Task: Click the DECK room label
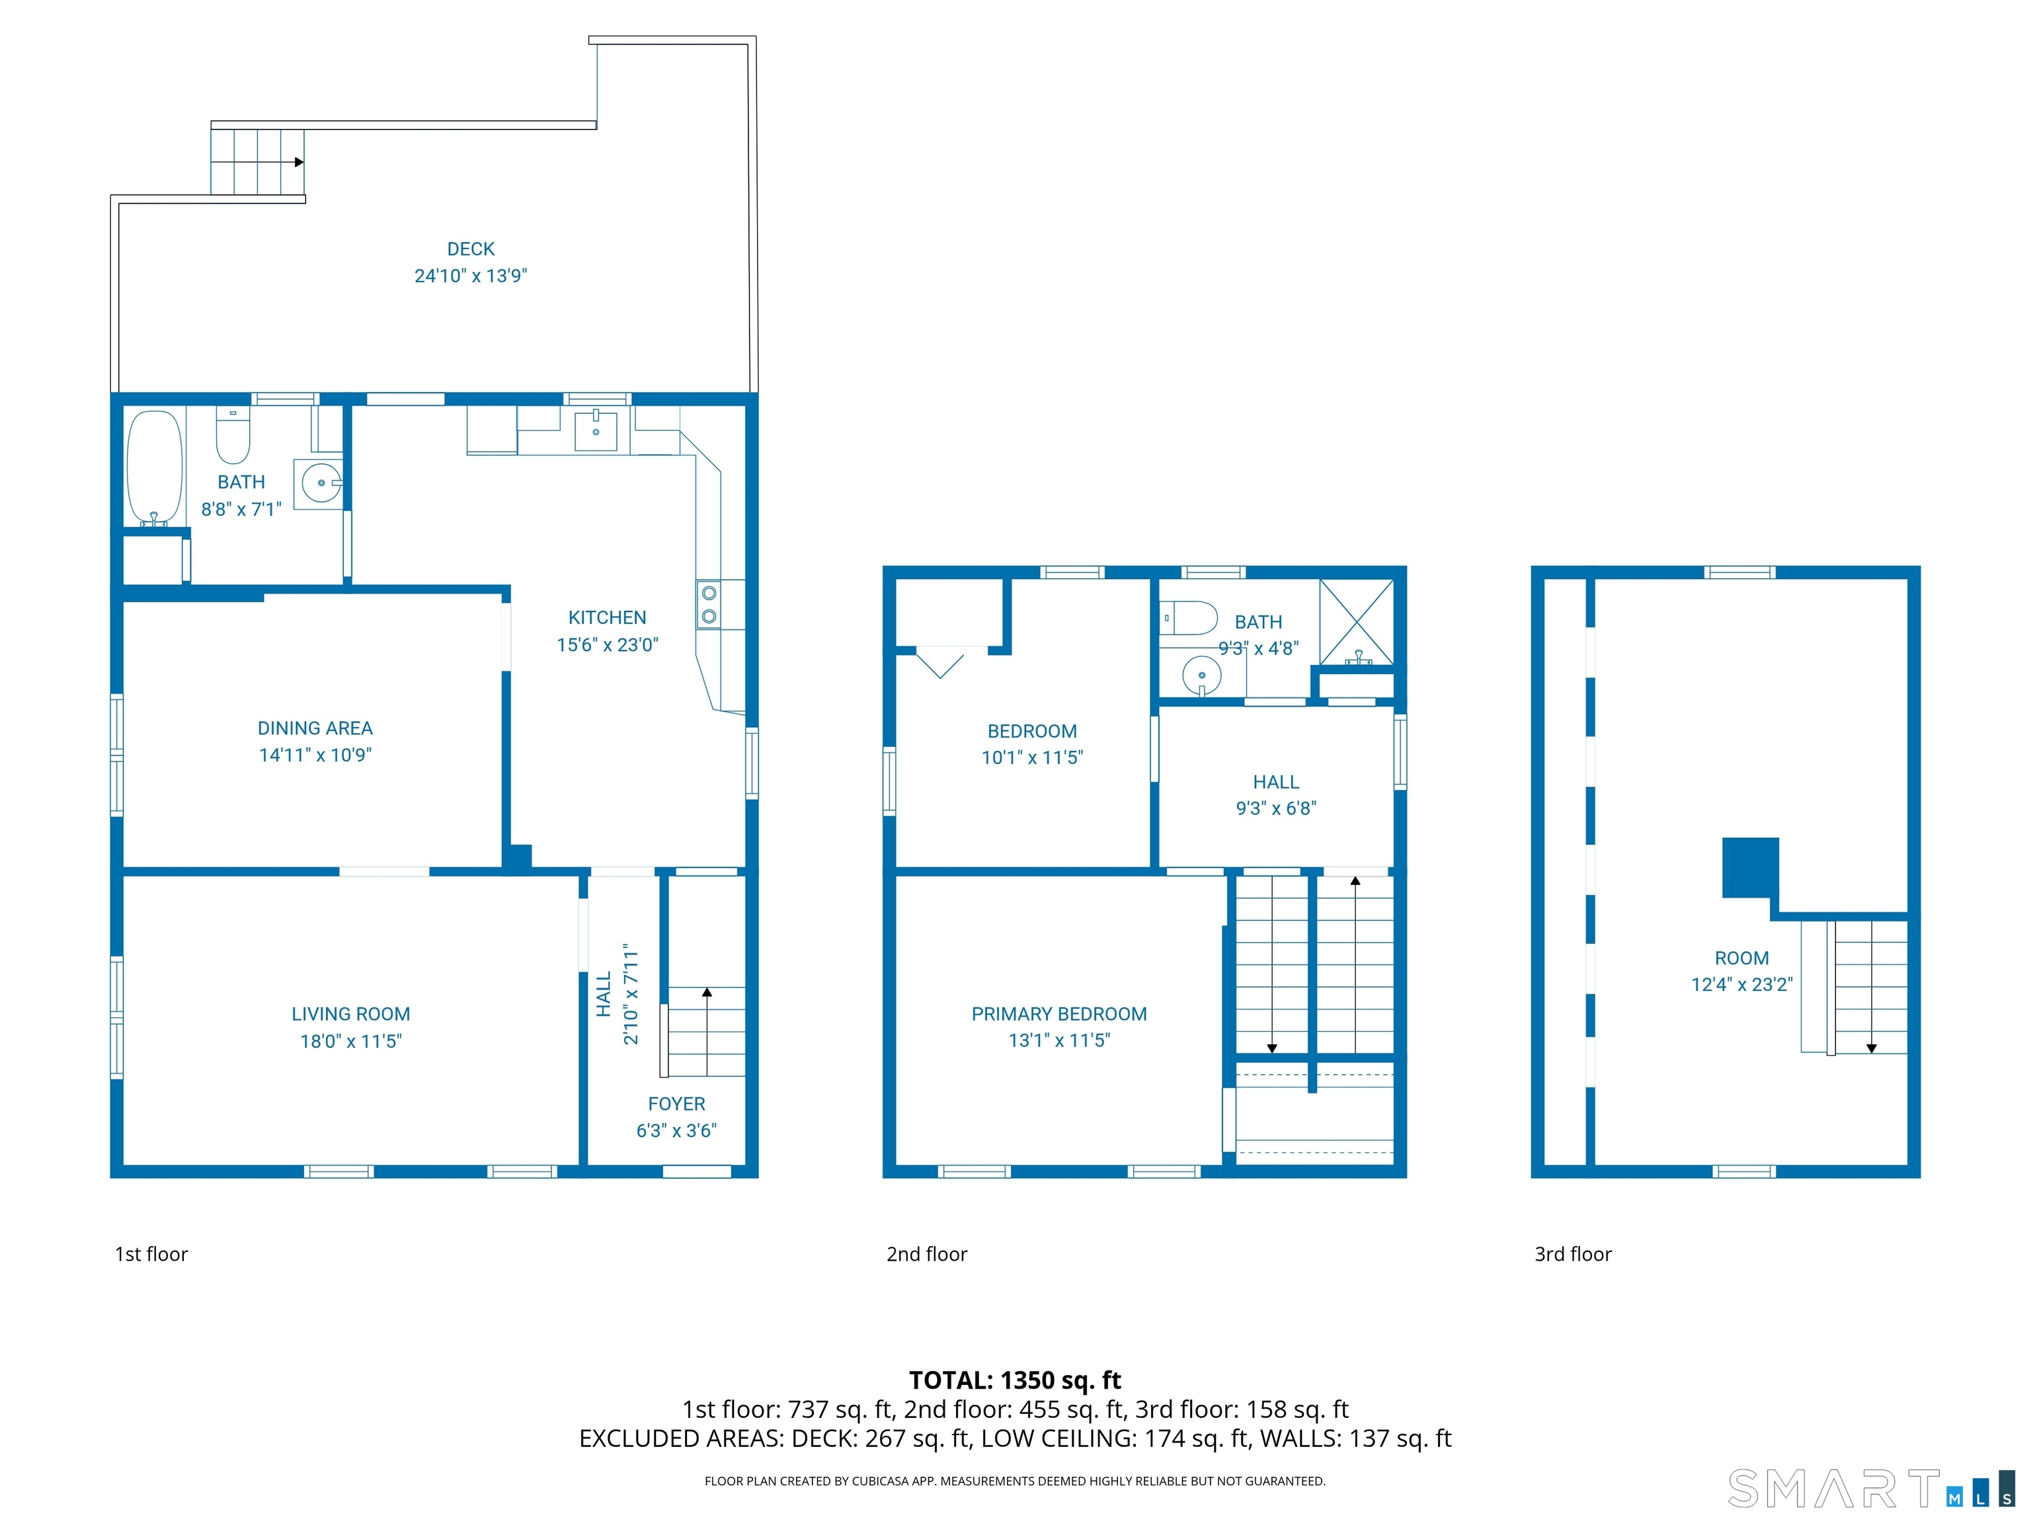coord(470,249)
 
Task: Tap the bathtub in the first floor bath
coord(154,467)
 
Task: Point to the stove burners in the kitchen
coord(709,605)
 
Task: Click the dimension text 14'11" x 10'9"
coord(315,755)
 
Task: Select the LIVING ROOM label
coord(351,1013)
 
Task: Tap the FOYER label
coord(677,1103)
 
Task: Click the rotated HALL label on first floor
coord(603,994)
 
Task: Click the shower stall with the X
coord(1356,621)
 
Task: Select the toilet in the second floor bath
coord(1190,618)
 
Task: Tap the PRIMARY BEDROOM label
coord(1058,1013)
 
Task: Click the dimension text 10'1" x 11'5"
coord(1032,758)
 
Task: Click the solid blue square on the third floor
coord(1749,867)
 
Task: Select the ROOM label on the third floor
coord(1741,958)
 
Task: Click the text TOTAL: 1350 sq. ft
coord(1015,1380)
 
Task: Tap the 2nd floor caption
coord(926,1254)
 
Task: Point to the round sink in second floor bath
coord(1201,676)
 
